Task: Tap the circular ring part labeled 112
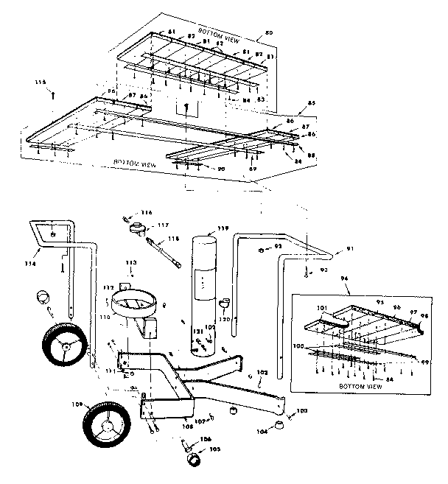[x=134, y=302]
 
